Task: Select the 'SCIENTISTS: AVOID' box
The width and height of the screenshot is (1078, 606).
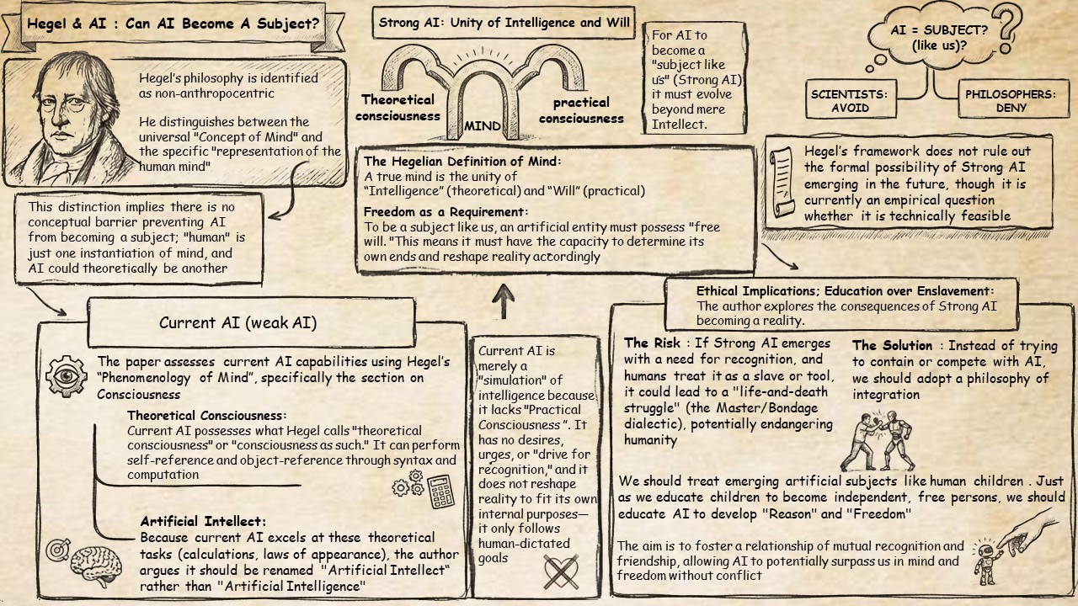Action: point(849,101)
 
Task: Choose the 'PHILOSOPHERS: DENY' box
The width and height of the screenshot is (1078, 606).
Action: point(1010,101)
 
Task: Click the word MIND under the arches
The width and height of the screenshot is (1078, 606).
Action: point(483,127)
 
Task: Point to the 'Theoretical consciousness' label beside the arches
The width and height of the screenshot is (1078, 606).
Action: point(398,108)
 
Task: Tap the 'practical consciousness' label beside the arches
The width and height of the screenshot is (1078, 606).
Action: point(581,110)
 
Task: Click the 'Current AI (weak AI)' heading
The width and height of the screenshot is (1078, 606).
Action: point(238,322)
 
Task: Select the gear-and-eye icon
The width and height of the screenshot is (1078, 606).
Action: point(66,376)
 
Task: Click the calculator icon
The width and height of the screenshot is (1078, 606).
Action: point(440,491)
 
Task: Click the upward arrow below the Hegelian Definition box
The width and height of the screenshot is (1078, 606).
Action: point(503,300)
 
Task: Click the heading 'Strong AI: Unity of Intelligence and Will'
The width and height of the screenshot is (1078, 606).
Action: point(504,23)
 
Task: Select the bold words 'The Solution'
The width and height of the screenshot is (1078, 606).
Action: point(892,346)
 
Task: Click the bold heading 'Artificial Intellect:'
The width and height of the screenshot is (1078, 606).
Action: point(203,522)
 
